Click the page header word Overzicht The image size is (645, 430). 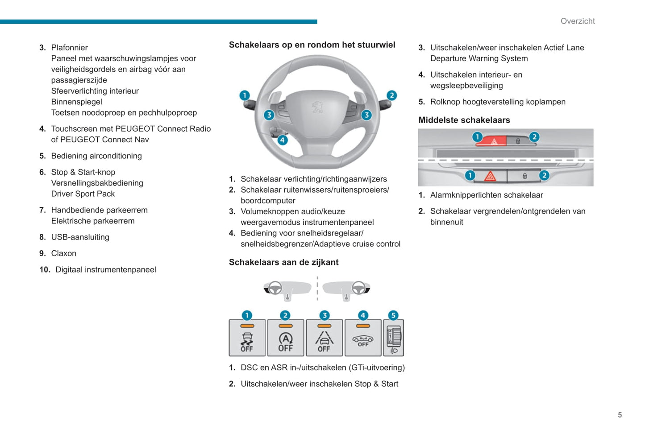click(x=578, y=21)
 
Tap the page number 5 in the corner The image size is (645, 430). click(x=620, y=415)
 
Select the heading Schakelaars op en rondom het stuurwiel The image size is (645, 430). click(x=312, y=45)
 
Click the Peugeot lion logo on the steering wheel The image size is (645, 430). click(x=317, y=107)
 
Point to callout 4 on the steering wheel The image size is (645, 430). click(x=282, y=140)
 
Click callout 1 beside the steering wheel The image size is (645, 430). click(x=245, y=95)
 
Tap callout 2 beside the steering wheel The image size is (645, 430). click(x=391, y=95)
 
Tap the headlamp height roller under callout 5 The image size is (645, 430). click(x=394, y=339)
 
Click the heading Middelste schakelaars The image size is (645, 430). click(x=464, y=120)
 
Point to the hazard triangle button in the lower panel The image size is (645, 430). click(x=490, y=176)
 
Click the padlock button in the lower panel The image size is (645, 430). click(x=524, y=176)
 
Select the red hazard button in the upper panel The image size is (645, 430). click(x=494, y=141)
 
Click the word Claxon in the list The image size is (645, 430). click(x=64, y=253)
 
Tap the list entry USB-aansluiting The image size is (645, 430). click(x=80, y=237)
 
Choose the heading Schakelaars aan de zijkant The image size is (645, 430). click(x=283, y=262)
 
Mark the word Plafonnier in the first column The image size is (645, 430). click(x=69, y=47)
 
